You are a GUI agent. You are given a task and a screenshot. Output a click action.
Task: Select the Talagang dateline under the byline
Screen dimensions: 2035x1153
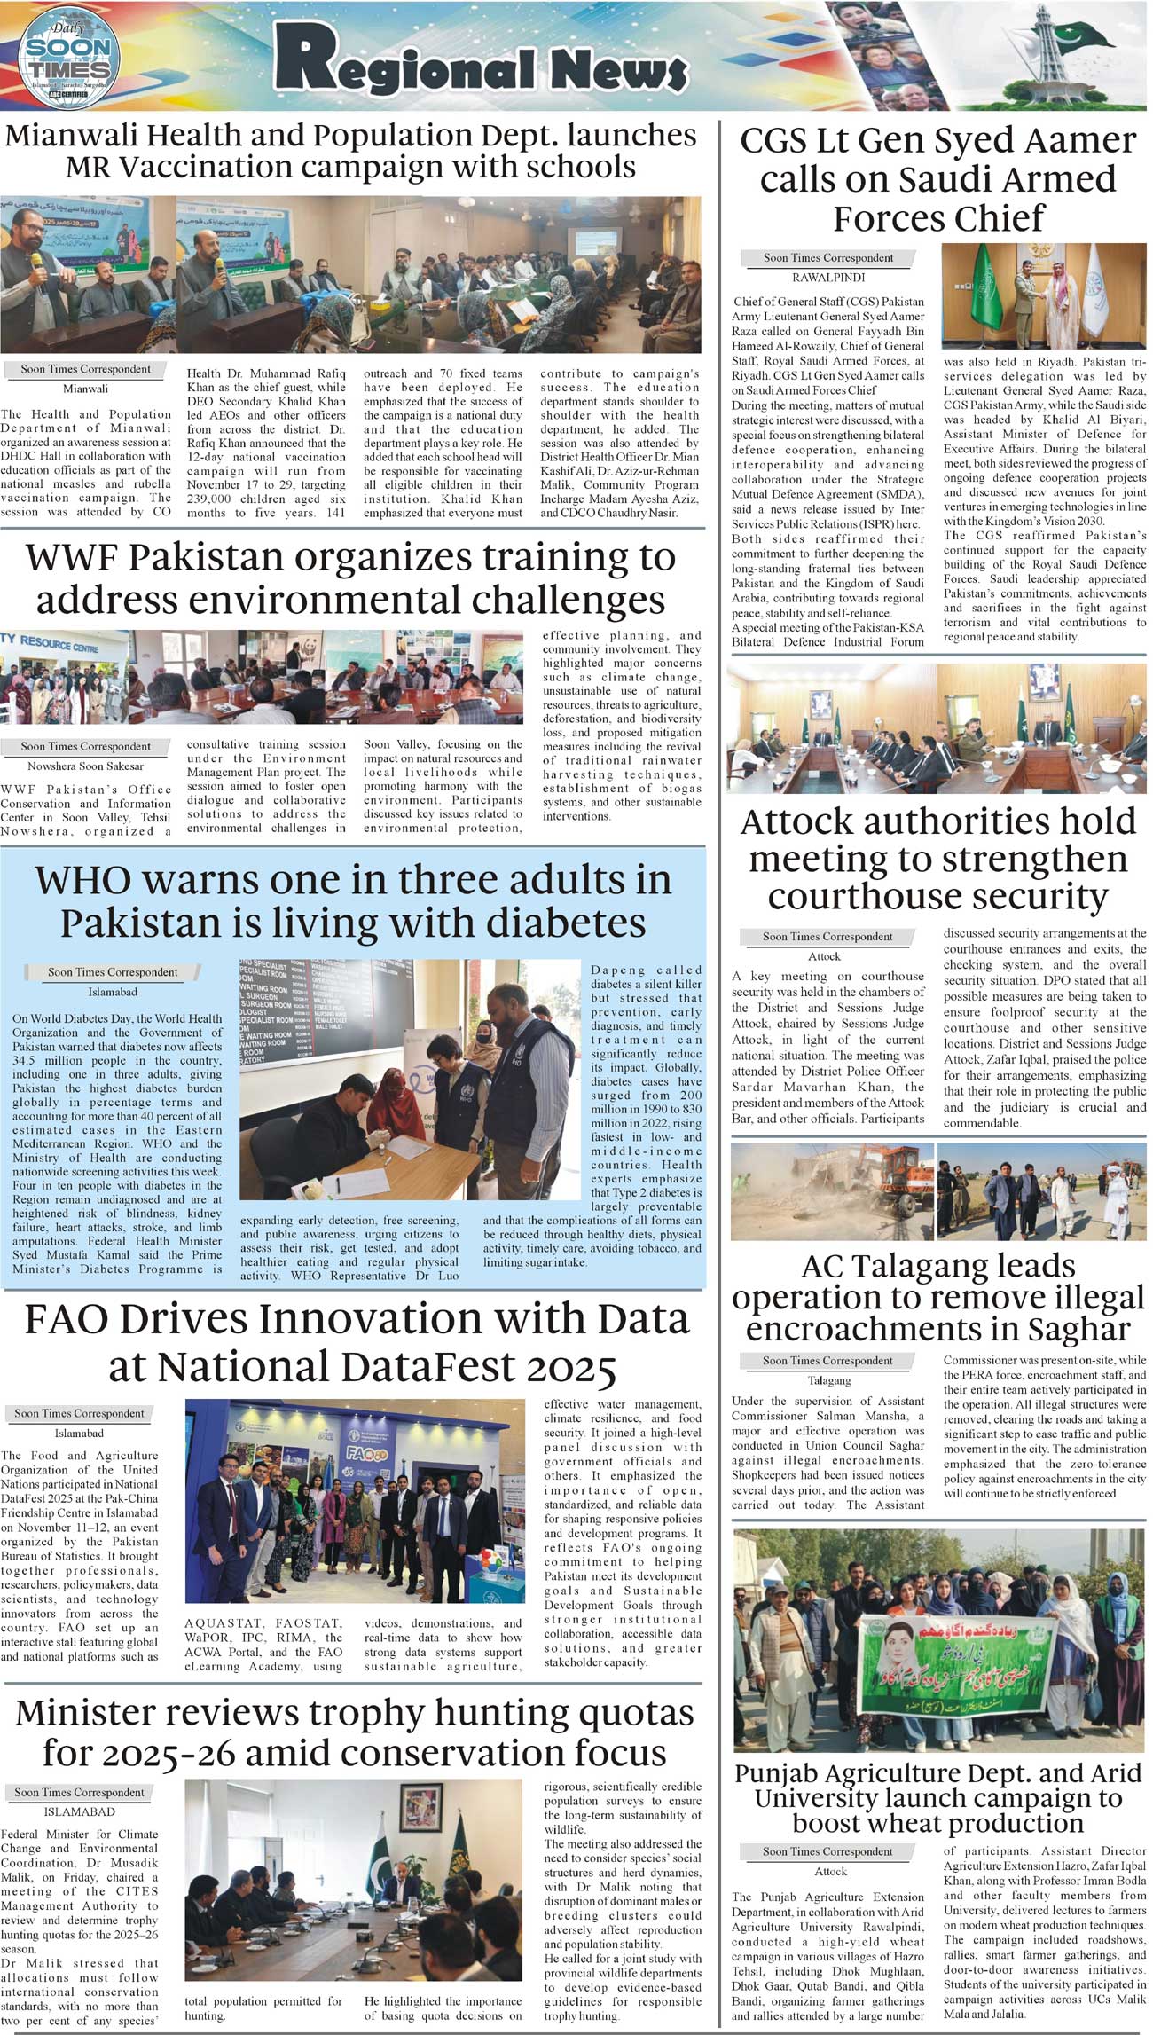click(x=828, y=1380)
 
